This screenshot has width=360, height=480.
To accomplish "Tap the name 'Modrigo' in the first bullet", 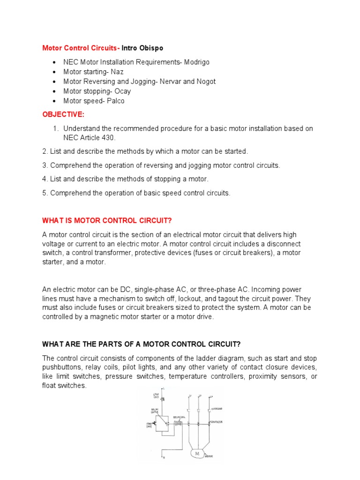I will (196, 62).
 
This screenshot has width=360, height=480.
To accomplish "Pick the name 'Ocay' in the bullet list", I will (123, 91).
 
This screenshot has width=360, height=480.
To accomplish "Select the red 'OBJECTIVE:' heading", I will (60, 114).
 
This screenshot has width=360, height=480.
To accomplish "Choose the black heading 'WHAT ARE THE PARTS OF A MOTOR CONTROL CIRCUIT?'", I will (142, 344).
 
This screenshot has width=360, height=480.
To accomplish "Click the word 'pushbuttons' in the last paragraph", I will (61, 367).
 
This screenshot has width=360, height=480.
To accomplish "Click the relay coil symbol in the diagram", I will (178, 423).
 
